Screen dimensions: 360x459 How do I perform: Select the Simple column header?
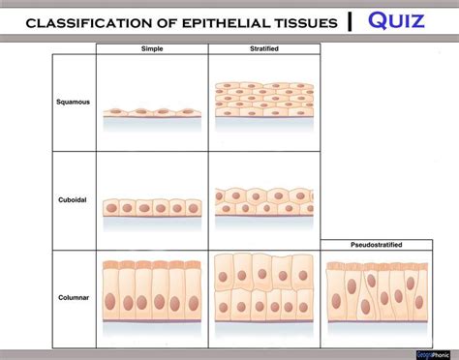click(153, 48)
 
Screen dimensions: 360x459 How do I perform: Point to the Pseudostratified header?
click(373, 245)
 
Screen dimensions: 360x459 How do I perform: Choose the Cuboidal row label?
click(74, 199)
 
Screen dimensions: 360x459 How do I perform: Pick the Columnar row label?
click(74, 298)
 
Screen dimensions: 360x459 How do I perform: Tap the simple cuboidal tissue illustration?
click(152, 208)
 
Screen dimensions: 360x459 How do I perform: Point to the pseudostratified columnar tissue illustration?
click(373, 291)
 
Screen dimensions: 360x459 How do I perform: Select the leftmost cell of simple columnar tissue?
click(109, 289)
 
